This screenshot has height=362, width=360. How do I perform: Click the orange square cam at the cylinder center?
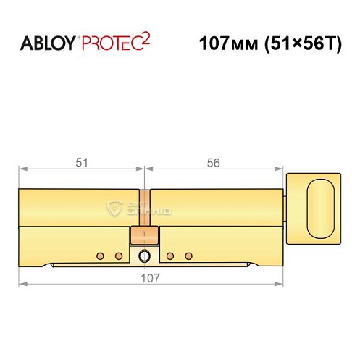click(x=144, y=235)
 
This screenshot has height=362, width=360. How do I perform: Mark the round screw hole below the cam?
click(x=145, y=256)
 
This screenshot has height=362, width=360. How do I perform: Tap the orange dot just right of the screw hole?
click(x=170, y=256)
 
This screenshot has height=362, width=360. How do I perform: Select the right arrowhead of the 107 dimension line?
click(x=278, y=283)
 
